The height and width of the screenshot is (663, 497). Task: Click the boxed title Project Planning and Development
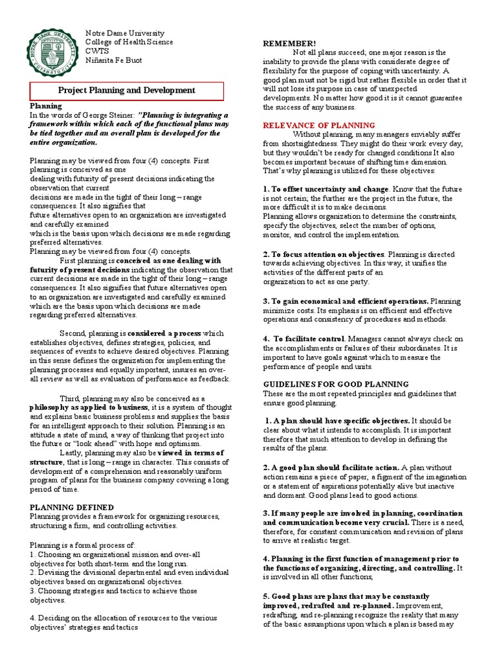pyautogui.click(x=127, y=91)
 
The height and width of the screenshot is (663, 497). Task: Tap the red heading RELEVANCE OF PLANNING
pyautogui.click(x=318, y=125)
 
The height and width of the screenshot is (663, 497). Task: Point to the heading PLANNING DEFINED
pyautogui.click(x=72, y=507)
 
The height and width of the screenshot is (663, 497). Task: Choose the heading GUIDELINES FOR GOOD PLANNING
pyautogui.click(x=335, y=384)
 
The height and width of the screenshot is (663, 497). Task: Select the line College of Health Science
pyautogui.click(x=129, y=42)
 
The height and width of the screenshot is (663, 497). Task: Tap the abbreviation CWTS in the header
pyautogui.click(x=98, y=51)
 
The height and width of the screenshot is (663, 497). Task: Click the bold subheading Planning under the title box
pyautogui.click(x=46, y=105)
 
